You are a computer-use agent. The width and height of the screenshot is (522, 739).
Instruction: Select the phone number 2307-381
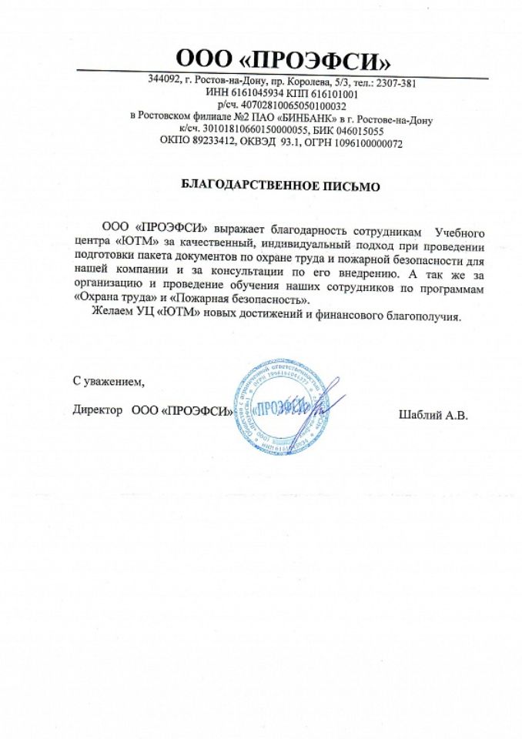(395, 82)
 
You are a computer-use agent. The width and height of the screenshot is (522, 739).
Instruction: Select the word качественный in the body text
(211, 244)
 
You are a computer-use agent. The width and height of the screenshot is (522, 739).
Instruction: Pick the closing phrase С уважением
(107, 380)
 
